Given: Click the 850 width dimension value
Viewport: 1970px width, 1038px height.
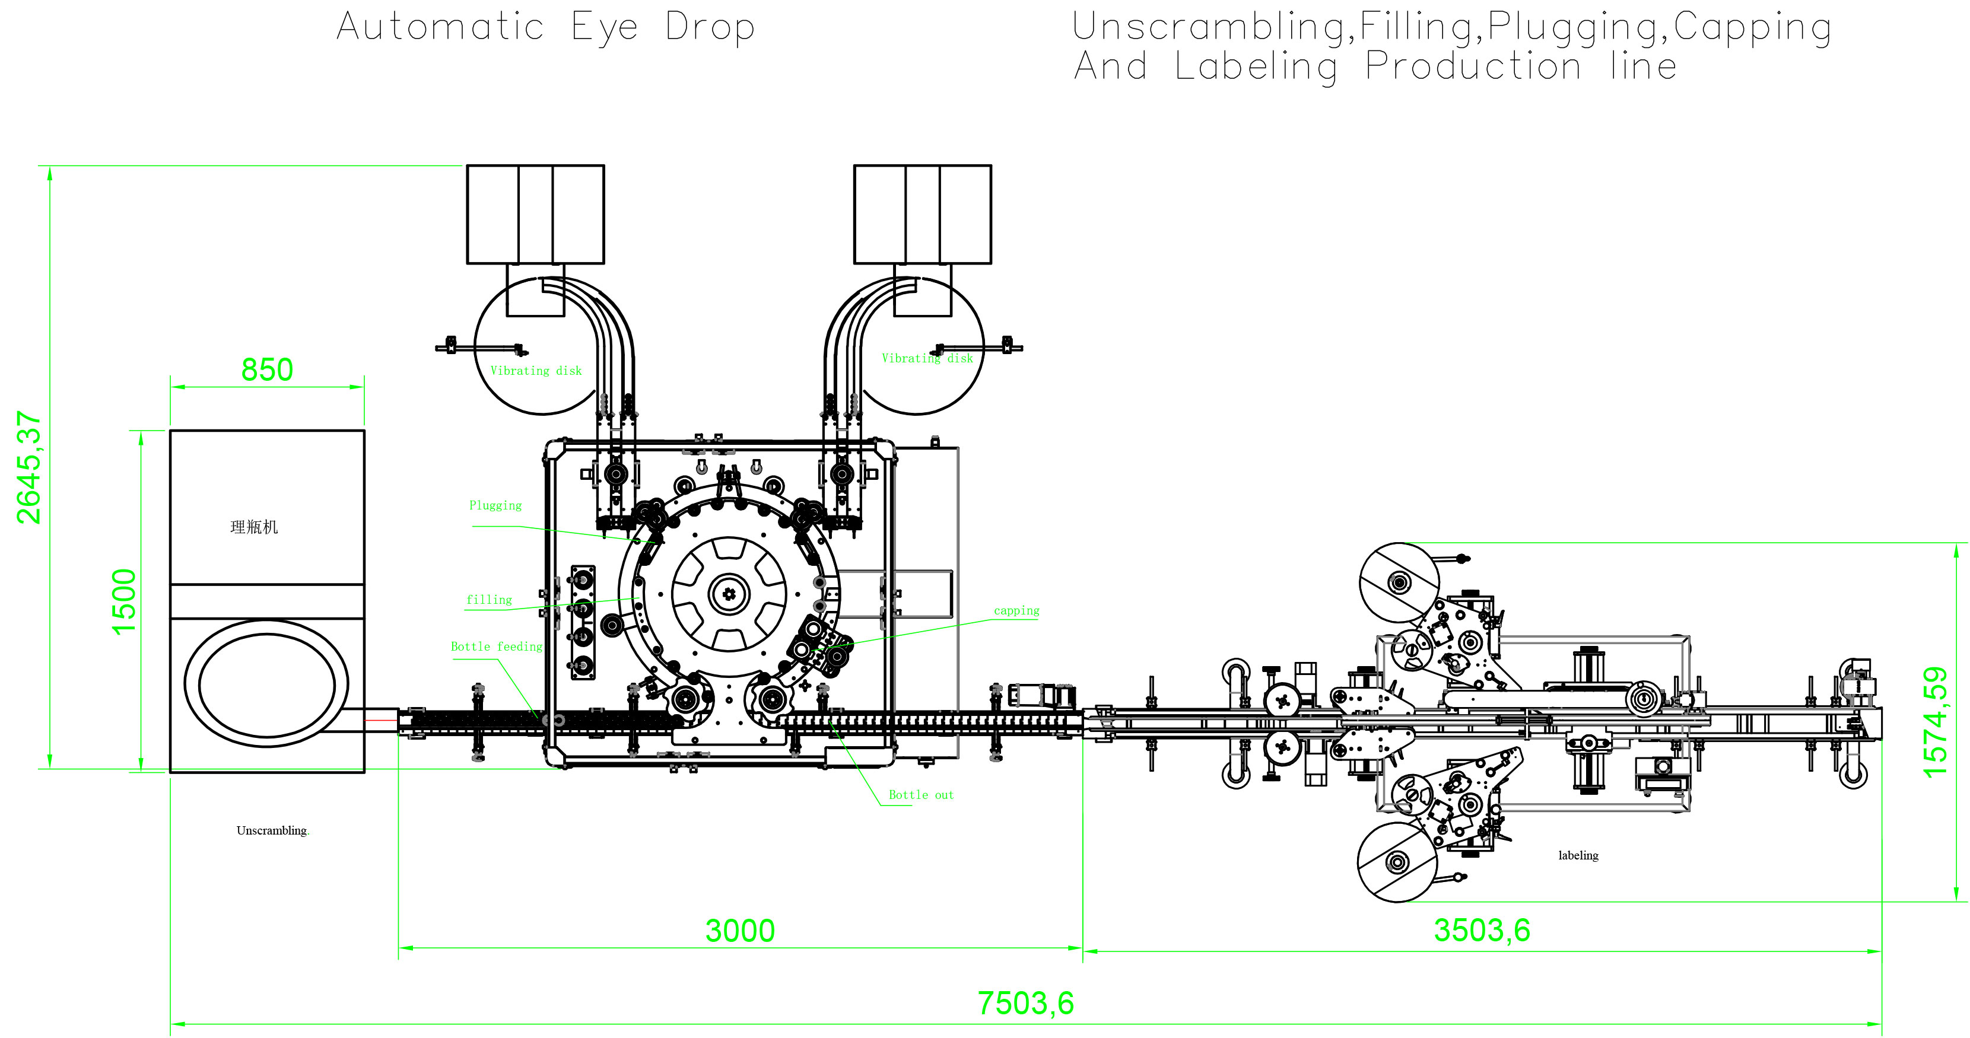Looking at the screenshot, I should [x=267, y=370].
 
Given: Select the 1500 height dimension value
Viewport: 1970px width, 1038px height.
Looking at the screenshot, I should [x=124, y=601].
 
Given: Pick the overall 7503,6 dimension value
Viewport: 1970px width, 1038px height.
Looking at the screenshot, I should [x=1025, y=1004].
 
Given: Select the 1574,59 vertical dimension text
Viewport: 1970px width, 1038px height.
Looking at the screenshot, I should [x=1935, y=722].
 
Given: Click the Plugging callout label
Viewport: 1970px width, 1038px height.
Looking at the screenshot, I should [x=495, y=506].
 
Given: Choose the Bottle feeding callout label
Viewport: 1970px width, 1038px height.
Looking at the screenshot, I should [x=495, y=647].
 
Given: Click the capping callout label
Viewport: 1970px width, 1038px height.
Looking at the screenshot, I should [x=1016, y=611].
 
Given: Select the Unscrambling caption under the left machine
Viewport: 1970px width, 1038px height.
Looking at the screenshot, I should [x=272, y=831].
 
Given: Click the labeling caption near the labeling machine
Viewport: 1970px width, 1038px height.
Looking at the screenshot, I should [x=1578, y=855].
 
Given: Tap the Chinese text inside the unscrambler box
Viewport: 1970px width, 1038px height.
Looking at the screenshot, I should [x=254, y=527].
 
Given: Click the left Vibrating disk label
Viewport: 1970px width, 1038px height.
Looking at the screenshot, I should [x=535, y=371].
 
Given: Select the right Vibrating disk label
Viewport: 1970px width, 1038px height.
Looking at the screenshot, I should [x=927, y=358].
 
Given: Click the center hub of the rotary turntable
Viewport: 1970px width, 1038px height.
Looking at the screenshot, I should [x=729, y=594].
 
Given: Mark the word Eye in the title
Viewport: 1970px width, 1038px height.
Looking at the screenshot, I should [x=604, y=27].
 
